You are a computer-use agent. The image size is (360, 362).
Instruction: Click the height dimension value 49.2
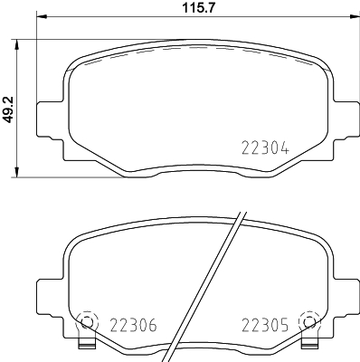point(10,110)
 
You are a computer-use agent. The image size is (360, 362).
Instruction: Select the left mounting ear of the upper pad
point(48,119)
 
